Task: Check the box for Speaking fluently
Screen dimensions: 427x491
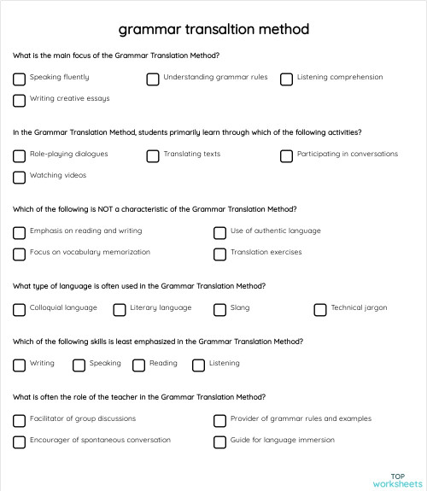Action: [x=19, y=79]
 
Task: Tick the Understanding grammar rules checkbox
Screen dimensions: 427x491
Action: [x=153, y=79]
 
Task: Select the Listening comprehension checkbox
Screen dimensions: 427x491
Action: [x=286, y=79]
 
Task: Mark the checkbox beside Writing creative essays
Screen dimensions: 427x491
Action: [x=19, y=100]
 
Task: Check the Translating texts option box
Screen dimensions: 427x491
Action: [x=153, y=155]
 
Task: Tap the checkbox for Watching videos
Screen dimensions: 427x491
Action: [x=19, y=177]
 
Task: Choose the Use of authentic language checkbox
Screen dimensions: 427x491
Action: [x=219, y=232]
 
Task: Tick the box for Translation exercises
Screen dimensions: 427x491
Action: [x=219, y=254]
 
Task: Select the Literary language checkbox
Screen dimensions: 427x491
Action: [x=120, y=309]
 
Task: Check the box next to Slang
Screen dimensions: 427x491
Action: [x=219, y=309]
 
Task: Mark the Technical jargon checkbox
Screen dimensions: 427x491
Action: [x=320, y=309]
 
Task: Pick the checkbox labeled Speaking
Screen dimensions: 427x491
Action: [x=79, y=365]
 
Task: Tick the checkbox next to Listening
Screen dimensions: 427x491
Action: [x=199, y=365]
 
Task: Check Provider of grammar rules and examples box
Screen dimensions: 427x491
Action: [x=219, y=420]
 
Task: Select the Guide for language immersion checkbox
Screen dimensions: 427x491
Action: [x=219, y=441]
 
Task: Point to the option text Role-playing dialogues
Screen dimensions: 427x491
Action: [x=68, y=155]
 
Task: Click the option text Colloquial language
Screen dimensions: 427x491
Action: [x=63, y=308]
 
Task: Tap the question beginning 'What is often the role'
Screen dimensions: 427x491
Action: [x=139, y=397]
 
